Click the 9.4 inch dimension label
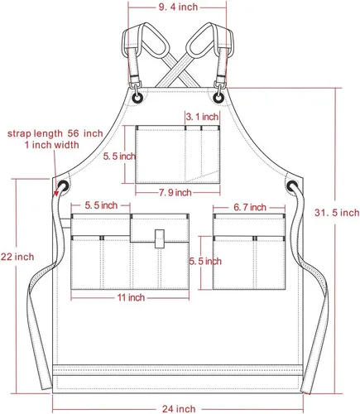coord(178,7)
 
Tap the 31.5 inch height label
coord(337,213)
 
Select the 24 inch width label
coord(179,408)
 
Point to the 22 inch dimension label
coord(17,257)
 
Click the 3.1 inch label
coord(202,117)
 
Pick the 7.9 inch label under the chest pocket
coord(175,192)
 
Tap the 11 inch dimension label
coord(131,297)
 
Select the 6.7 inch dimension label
coord(250,207)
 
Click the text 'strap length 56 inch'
coord(55,133)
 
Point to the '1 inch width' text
coord(52,145)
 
